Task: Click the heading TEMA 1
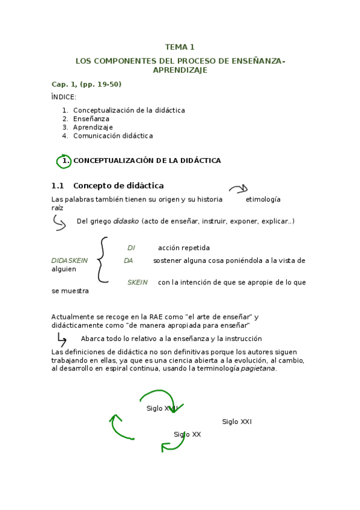click(180, 47)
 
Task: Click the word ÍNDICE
click(64, 97)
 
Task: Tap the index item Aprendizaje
click(93, 127)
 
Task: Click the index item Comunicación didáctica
click(113, 136)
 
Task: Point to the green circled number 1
click(64, 161)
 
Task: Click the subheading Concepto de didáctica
click(123, 186)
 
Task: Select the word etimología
click(263, 200)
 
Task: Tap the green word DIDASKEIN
click(70, 260)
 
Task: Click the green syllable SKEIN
click(137, 283)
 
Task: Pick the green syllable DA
click(128, 260)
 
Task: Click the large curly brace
click(103, 259)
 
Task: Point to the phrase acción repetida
click(184, 248)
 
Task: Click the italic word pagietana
click(258, 369)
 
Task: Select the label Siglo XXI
click(237, 422)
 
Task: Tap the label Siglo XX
click(188, 434)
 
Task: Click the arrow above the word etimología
click(238, 189)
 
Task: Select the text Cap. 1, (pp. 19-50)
click(87, 84)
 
